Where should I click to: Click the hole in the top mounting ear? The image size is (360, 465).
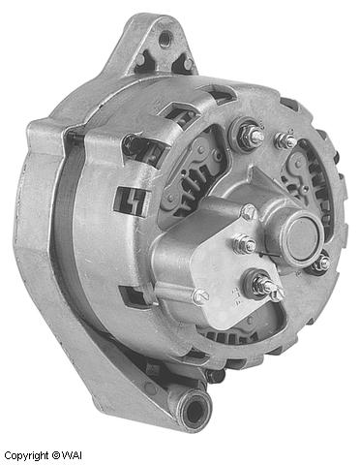click(x=165, y=38)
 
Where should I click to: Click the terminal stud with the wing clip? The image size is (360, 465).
click(x=263, y=285)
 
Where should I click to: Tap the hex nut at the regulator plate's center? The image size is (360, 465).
click(x=245, y=244)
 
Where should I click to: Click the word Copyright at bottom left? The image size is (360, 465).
click(x=26, y=454)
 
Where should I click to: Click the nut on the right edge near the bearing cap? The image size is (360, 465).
click(x=321, y=262)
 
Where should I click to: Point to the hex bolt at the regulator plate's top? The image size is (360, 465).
click(x=249, y=212)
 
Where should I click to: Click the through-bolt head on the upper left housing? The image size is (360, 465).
click(x=129, y=143)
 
